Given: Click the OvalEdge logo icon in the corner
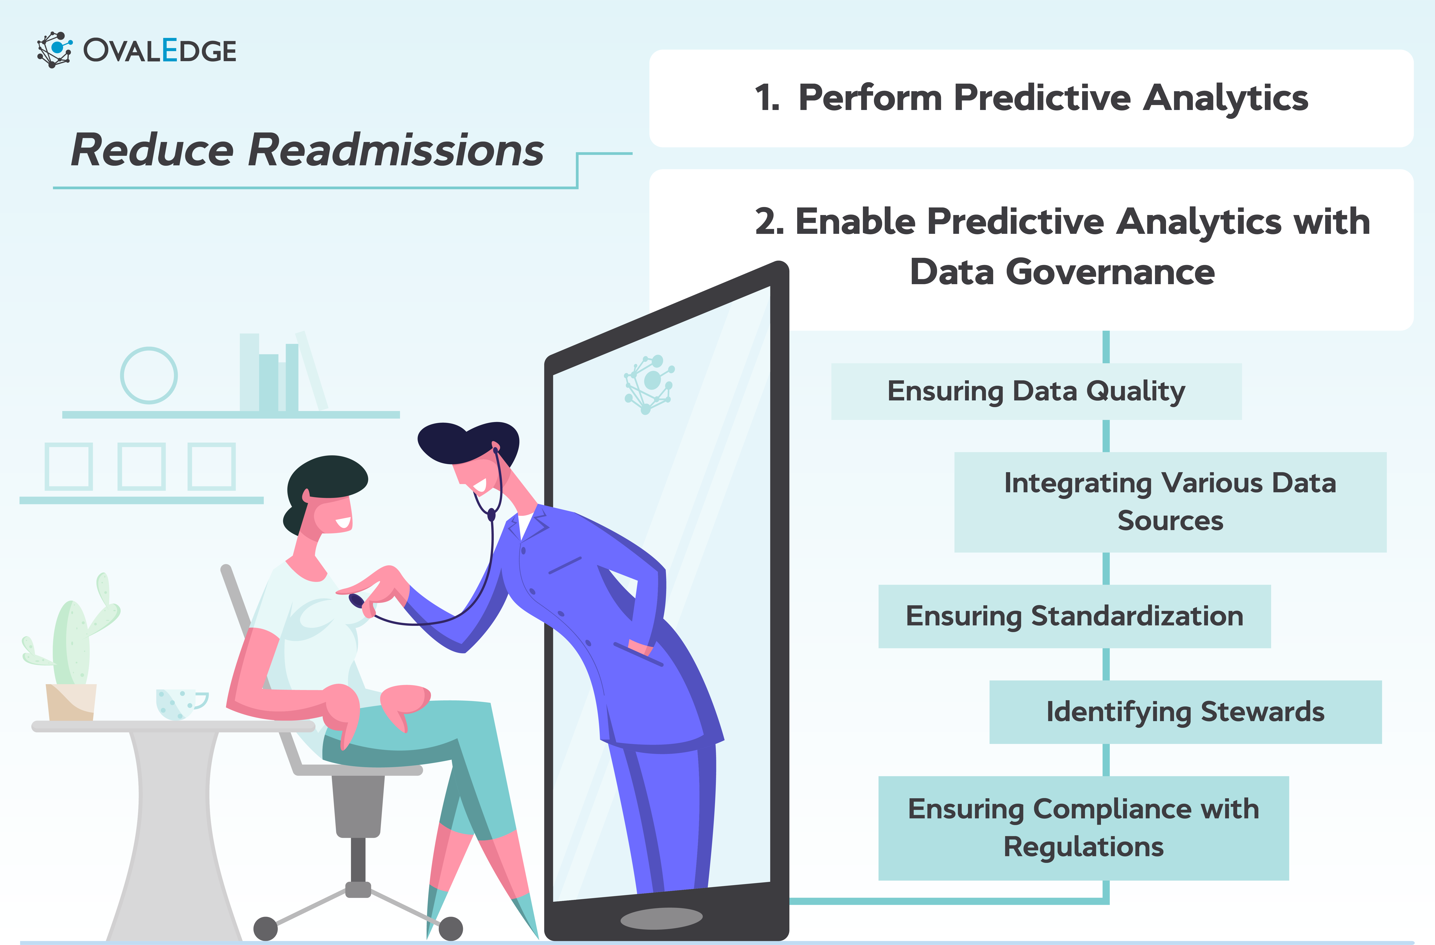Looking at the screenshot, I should [54, 49].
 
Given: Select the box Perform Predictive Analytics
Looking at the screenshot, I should [1031, 98].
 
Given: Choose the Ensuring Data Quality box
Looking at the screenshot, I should [1036, 391].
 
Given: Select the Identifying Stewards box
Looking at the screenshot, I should [1185, 712].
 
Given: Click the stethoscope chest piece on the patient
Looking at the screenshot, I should [357, 601].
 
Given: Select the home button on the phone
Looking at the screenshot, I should [661, 918].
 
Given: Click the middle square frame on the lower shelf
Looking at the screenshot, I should [141, 466].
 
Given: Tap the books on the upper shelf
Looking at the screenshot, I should [277, 374].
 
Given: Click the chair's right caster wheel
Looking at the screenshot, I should [450, 928].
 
